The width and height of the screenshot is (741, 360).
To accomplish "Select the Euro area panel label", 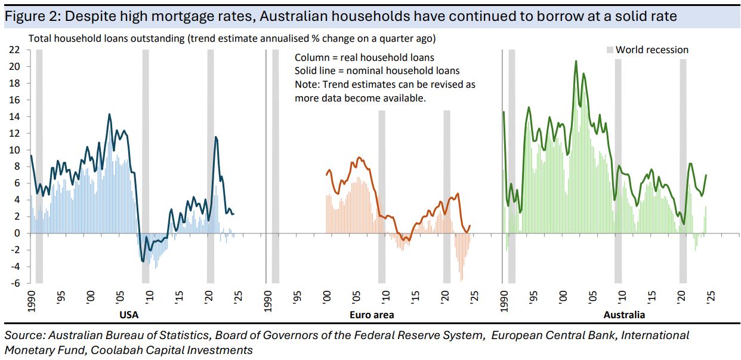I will point(371,314).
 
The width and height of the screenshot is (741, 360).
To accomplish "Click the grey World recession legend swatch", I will point(610,50).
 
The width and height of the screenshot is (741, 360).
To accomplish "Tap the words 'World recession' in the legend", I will point(652,50).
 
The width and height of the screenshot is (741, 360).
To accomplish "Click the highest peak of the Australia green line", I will point(576,61).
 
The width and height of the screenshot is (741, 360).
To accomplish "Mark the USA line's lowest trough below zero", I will point(143,261).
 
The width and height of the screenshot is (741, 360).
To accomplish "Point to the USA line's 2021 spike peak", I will point(215,137).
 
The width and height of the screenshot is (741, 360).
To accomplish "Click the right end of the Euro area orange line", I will point(470,226).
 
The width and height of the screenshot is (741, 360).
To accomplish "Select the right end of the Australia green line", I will point(706,175).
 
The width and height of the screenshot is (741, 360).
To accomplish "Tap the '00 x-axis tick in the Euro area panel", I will point(327,296).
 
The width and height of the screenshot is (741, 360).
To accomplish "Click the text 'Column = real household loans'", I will point(365,58).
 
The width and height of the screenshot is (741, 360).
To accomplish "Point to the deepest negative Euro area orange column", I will point(461,281).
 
